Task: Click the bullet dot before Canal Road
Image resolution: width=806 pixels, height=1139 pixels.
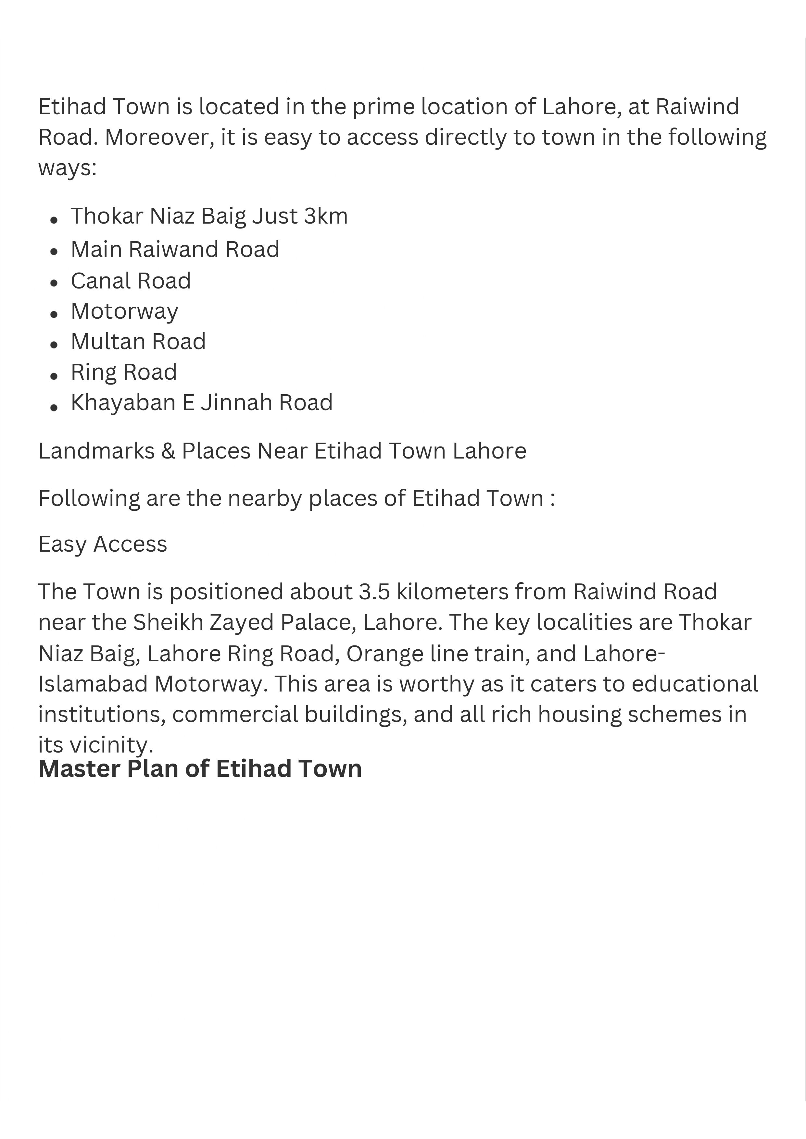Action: click(x=54, y=283)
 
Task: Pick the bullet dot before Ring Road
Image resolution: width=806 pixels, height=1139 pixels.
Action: click(x=54, y=375)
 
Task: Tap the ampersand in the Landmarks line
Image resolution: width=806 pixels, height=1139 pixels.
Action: click(x=168, y=451)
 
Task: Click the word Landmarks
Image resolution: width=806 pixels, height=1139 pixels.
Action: click(x=97, y=451)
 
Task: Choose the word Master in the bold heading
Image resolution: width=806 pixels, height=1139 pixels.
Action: click(x=80, y=768)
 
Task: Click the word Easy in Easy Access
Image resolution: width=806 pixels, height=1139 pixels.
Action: click(x=63, y=544)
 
